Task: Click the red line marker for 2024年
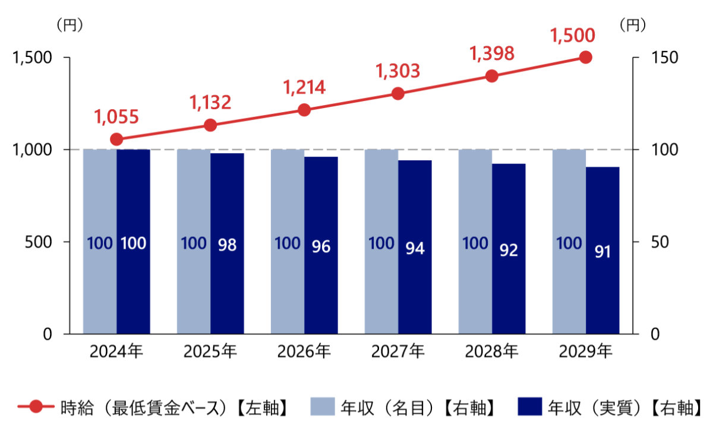pyautogui.click(x=116, y=140)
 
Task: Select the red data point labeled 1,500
pyautogui.click(x=586, y=58)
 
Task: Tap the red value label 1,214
pyautogui.click(x=304, y=88)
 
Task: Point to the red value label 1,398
pyautogui.click(x=491, y=54)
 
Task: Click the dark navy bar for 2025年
pyautogui.click(x=227, y=243)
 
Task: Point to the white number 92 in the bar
pyautogui.click(x=509, y=250)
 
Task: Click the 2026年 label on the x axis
pyautogui.click(x=304, y=352)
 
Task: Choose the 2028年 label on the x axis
pyautogui.click(x=491, y=352)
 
